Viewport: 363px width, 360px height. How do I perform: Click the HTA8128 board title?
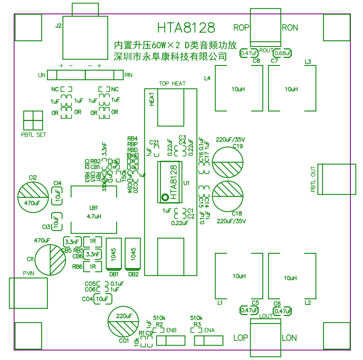point(186,28)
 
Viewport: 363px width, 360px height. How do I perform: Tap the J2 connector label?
point(59,26)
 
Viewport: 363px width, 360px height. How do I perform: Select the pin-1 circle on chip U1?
point(164,198)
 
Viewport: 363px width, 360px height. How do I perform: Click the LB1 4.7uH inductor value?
point(94,216)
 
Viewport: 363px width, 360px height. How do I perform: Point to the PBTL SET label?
point(33,135)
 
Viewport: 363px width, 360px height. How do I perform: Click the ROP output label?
point(242,28)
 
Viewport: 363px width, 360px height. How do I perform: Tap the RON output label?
point(290,28)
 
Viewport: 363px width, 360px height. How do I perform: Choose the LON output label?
point(290,338)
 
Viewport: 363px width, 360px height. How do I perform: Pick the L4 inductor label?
point(207,79)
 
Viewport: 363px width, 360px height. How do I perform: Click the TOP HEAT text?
point(172,84)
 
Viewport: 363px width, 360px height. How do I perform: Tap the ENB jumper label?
point(171,331)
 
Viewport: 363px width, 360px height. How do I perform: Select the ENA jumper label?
point(209,331)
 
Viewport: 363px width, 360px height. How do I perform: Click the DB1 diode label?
point(114,274)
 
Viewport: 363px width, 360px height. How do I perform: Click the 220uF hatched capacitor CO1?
point(124,321)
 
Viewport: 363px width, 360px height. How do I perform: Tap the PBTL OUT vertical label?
point(314,180)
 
